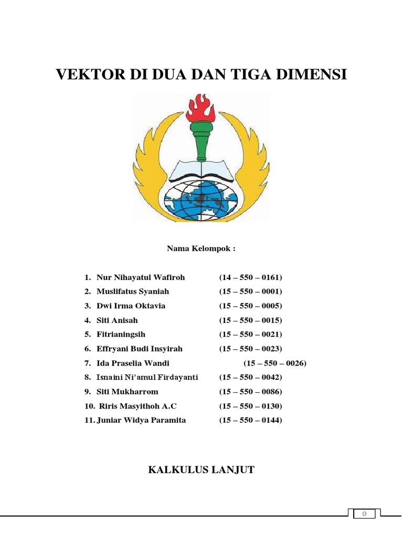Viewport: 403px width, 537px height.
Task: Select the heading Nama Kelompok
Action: click(201, 249)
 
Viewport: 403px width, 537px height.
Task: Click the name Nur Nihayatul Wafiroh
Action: click(141, 277)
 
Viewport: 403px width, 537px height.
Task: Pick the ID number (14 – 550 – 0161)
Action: click(251, 277)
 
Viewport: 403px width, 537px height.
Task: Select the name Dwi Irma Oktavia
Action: click(131, 306)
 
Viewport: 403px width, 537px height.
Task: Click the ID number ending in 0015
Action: click(251, 320)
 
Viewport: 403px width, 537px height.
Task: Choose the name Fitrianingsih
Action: click(121, 335)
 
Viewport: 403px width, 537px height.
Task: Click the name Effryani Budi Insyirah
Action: click(140, 349)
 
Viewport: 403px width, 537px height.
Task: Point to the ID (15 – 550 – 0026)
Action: click(275, 363)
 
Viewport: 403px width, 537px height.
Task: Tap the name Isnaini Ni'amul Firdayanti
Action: click(147, 378)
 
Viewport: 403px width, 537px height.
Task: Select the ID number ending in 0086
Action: click(251, 392)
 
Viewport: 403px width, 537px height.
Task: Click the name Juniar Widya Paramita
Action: click(141, 420)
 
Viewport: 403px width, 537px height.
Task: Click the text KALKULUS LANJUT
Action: click(201, 470)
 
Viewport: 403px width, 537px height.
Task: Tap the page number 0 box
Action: click(364, 514)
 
